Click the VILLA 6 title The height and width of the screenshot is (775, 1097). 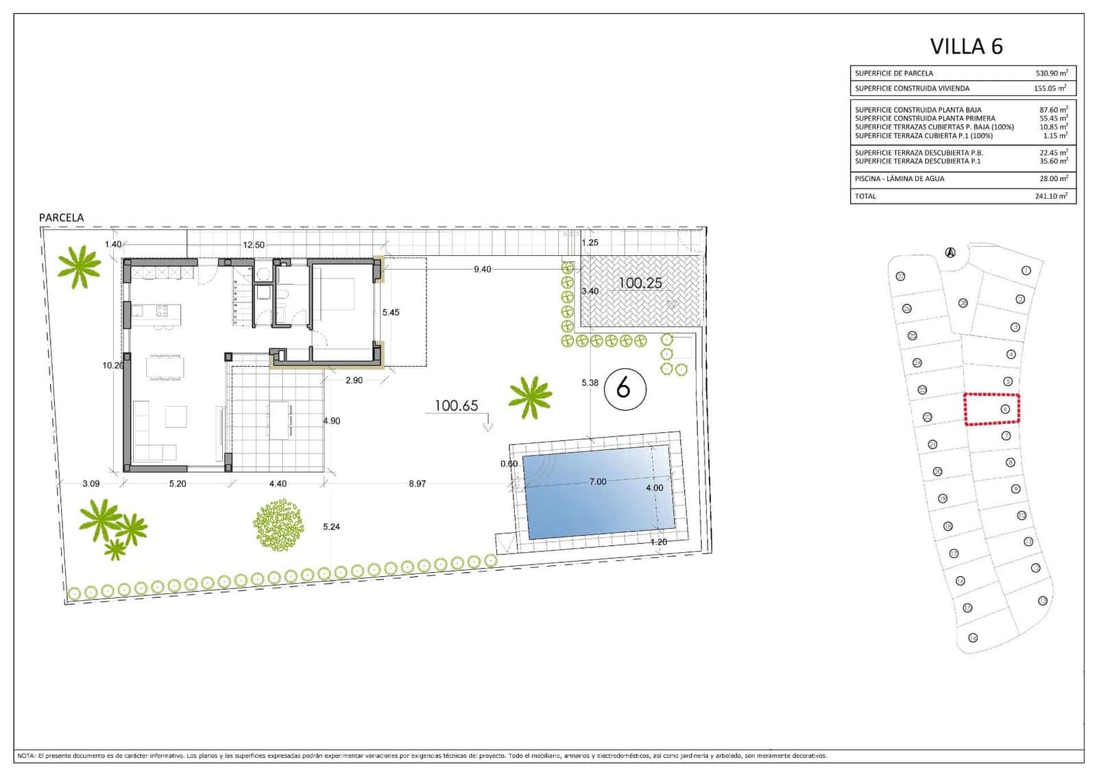point(965,46)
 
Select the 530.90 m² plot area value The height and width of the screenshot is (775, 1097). point(1051,73)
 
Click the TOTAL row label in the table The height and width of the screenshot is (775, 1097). point(865,196)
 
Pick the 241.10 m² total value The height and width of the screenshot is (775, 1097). point(1051,196)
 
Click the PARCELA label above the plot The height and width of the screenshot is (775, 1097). point(61,217)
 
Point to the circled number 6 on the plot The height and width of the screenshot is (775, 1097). point(623,389)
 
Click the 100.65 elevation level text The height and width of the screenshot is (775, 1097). point(456,405)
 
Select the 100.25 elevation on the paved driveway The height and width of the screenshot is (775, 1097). point(640,283)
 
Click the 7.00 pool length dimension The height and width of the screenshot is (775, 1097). point(597,481)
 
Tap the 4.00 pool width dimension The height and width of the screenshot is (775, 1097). point(654,488)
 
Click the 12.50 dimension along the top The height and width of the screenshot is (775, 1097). point(253,245)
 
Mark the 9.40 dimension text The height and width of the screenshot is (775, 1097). point(482,270)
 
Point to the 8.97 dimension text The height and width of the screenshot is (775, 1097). point(417,484)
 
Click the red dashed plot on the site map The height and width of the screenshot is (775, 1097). point(991,409)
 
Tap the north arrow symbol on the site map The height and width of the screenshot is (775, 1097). point(950,252)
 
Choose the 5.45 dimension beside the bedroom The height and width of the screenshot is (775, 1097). point(390,312)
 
